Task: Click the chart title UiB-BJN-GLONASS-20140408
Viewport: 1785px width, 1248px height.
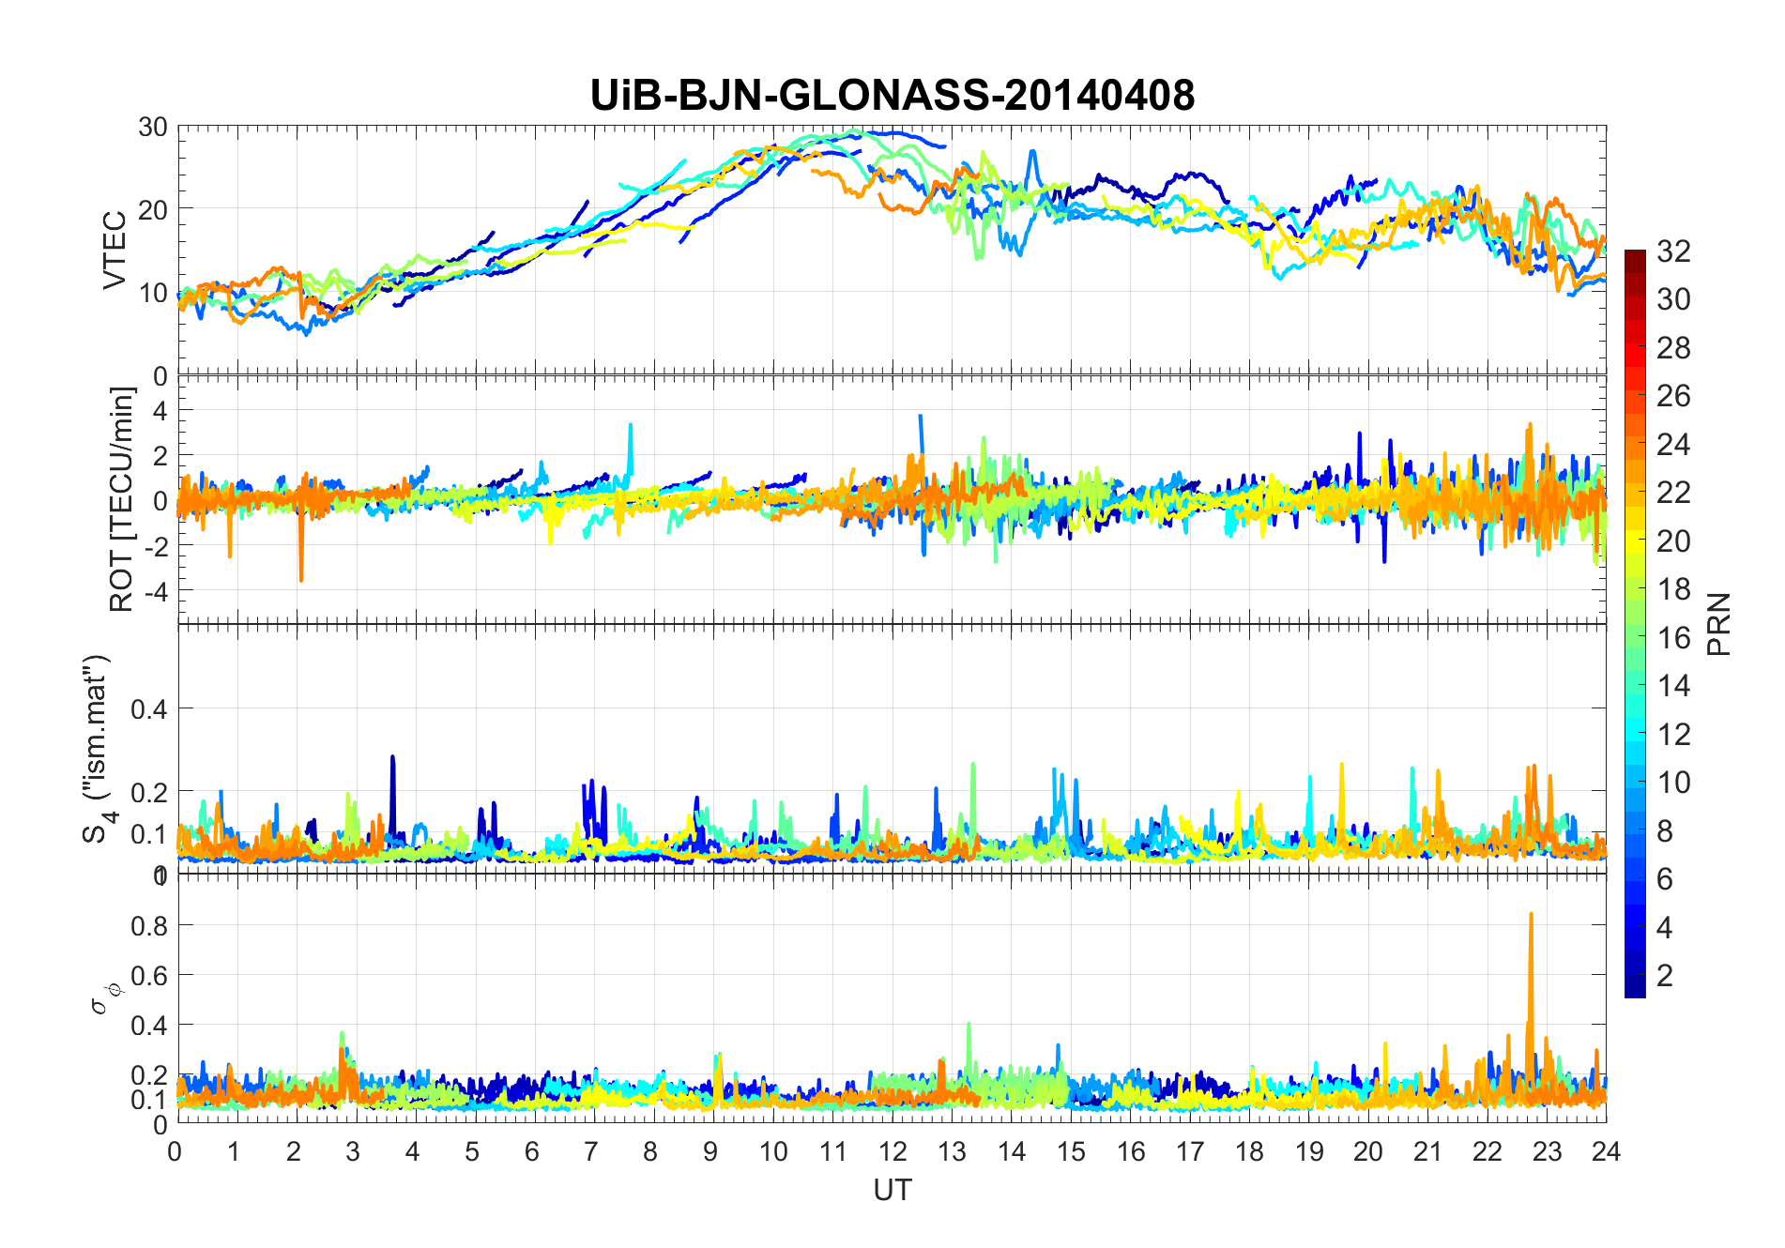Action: (892, 96)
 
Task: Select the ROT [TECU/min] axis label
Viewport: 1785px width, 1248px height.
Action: (122, 499)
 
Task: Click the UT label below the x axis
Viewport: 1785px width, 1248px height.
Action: (892, 1190)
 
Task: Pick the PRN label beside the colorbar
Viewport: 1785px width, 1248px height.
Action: (1718, 624)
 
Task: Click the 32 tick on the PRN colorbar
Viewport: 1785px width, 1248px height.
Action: (1673, 251)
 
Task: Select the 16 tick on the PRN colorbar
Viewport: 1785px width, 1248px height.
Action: (1673, 638)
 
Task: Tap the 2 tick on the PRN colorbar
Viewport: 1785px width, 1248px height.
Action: (1665, 976)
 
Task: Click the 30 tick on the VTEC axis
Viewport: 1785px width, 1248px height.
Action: (153, 127)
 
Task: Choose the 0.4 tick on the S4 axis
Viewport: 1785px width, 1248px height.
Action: (149, 708)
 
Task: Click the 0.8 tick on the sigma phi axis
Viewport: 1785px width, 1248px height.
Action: (149, 925)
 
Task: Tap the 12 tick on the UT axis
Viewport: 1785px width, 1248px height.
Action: (892, 1151)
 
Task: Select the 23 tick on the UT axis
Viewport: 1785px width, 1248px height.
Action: (1547, 1151)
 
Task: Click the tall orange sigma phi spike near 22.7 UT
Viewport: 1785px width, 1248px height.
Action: (1531, 920)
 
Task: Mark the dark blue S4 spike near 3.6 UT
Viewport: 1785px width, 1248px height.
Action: (392, 760)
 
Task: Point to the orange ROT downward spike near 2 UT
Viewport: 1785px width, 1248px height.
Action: (301, 574)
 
